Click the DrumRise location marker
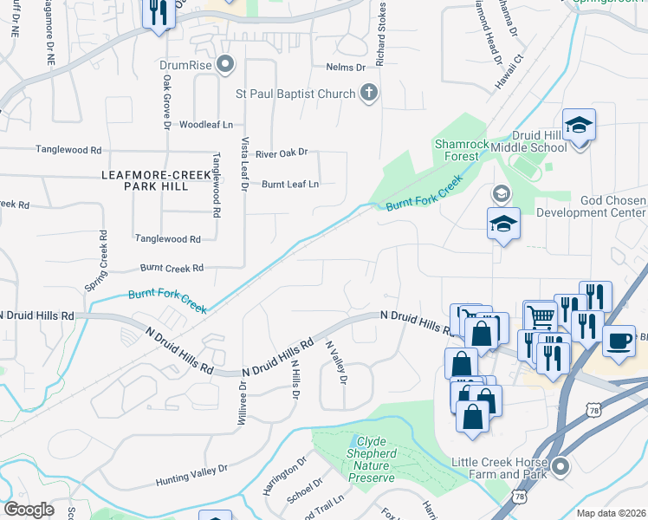pyautogui.click(x=227, y=64)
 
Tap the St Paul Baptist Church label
pyautogui.click(x=295, y=94)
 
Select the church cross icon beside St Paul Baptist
pyautogui.click(x=369, y=94)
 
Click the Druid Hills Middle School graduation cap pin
pyautogui.click(x=578, y=127)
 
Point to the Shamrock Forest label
pyautogui.click(x=457, y=149)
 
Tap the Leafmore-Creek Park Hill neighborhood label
pyautogui.click(x=156, y=180)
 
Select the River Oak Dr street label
pyautogui.click(x=281, y=153)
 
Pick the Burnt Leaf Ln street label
pyautogui.click(x=290, y=184)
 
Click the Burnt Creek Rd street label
pyautogui.click(x=173, y=269)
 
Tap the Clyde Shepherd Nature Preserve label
pyautogui.click(x=371, y=459)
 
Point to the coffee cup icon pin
pyautogui.click(x=618, y=340)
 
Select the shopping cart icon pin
pyautogui.click(x=541, y=317)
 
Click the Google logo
pyautogui.click(x=29, y=510)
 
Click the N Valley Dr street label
pyautogui.click(x=336, y=362)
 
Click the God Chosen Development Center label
pyautogui.click(x=591, y=206)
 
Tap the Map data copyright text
pyautogui.click(x=612, y=513)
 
